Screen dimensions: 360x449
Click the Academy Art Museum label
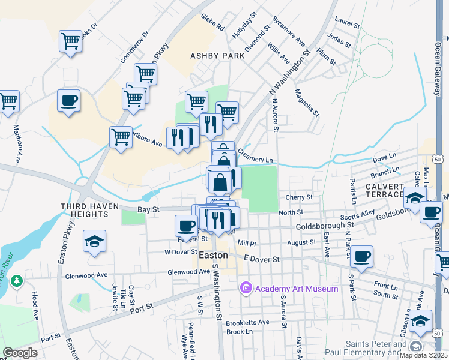click(297, 289)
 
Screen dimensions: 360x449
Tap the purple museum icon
click(246, 289)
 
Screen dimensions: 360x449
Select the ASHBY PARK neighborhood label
click(217, 55)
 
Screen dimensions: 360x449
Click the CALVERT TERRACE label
click(384, 190)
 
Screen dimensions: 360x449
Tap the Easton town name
click(213, 255)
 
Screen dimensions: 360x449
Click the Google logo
click(20, 353)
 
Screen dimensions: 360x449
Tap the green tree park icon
click(17, 280)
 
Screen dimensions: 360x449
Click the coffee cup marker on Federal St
click(187, 226)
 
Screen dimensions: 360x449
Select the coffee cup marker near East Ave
click(361, 256)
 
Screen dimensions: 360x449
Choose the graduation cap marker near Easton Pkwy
click(95, 241)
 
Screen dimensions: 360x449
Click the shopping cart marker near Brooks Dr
click(71, 41)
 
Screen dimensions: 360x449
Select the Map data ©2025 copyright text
click(424, 355)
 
